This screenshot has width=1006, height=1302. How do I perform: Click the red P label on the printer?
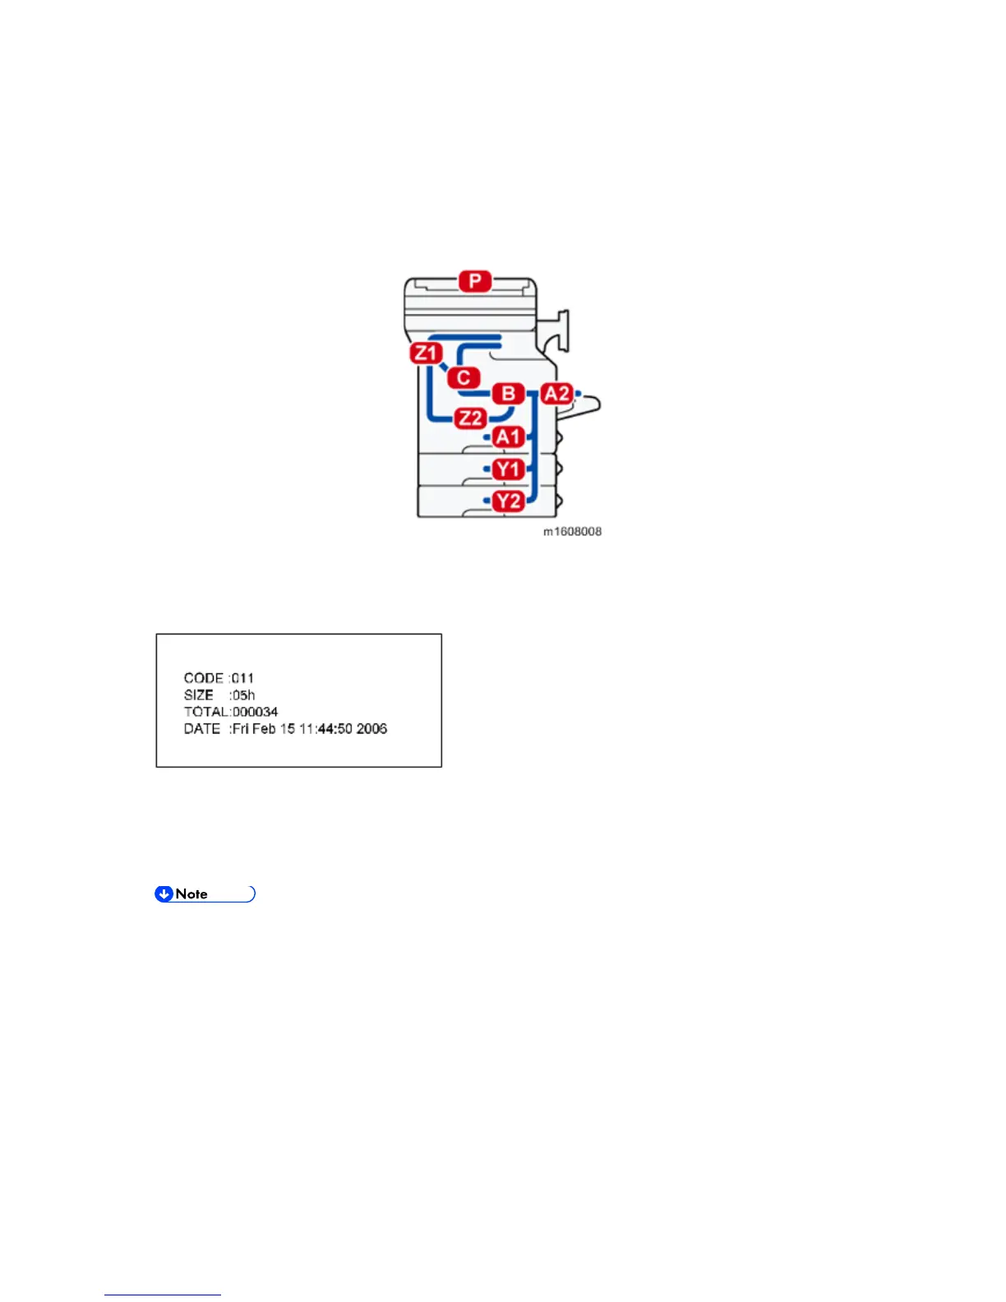pyautogui.click(x=475, y=281)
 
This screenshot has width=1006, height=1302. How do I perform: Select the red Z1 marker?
pyautogui.click(x=426, y=353)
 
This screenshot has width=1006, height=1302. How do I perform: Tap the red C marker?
pyautogui.click(x=464, y=377)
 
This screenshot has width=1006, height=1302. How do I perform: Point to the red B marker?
pyautogui.click(x=508, y=394)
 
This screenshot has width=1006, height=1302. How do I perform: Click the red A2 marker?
pyautogui.click(x=556, y=394)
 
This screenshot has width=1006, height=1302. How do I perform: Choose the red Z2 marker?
pyautogui.click(x=470, y=418)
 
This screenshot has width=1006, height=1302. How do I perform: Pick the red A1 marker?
pyautogui.click(x=508, y=437)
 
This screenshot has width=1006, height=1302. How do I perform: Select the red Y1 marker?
pyautogui.click(x=508, y=469)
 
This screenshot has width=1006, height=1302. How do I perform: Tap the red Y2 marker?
pyautogui.click(x=508, y=501)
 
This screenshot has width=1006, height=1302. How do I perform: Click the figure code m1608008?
pyautogui.click(x=572, y=532)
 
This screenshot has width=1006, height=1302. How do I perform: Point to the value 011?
pyautogui.click(x=243, y=678)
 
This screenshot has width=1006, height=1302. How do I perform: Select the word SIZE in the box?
pyautogui.click(x=199, y=695)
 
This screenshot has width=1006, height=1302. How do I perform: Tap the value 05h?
pyautogui.click(x=243, y=695)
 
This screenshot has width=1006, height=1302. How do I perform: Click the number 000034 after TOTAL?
pyautogui.click(x=256, y=712)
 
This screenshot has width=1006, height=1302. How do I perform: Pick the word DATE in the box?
pyautogui.click(x=202, y=729)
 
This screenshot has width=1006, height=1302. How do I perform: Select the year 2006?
pyautogui.click(x=371, y=729)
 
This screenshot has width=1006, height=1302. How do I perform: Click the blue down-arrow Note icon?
pyautogui.click(x=164, y=894)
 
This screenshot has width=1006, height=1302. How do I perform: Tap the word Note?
pyautogui.click(x=192, y=894)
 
